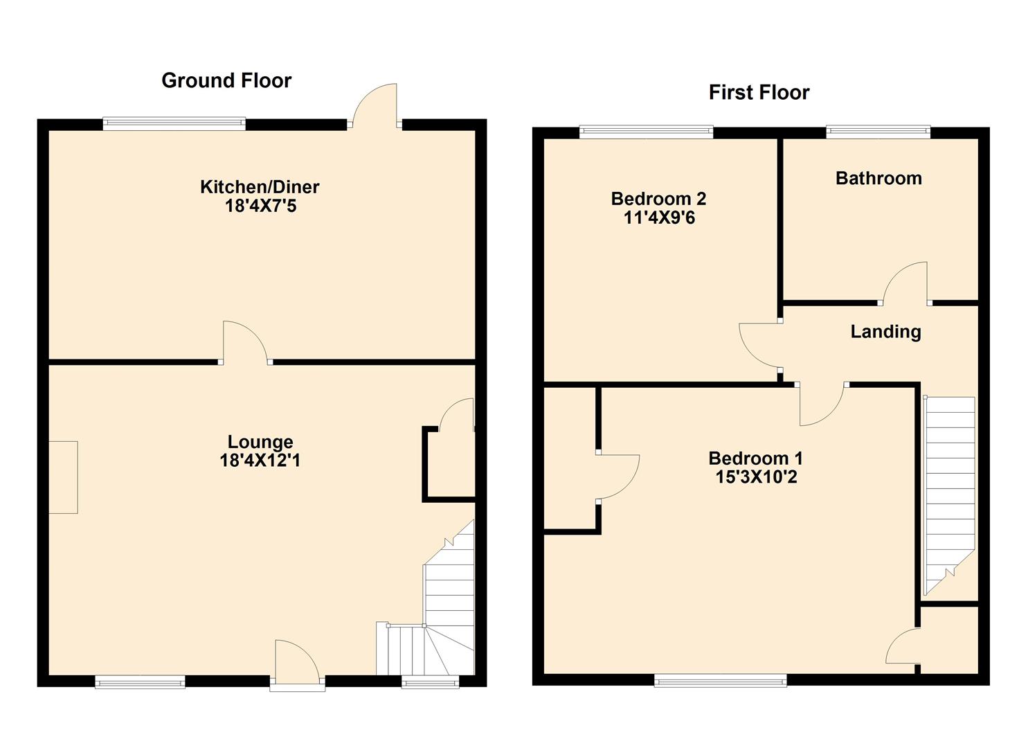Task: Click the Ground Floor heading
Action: [226, 81]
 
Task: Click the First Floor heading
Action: [759, 92]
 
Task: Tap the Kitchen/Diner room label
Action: [260, 187]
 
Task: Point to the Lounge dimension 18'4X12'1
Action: [260, 460]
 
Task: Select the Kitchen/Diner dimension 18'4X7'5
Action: [261, 206]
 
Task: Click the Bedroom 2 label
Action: [658, 199]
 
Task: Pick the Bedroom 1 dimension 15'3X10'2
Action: [757, 477]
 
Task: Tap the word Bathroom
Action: [878, 178]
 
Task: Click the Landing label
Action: [885, 332]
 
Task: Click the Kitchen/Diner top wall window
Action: [174, 123]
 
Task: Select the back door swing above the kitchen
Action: [375, 106]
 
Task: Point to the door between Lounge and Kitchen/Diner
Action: [245, 343]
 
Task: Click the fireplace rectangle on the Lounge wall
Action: [63, 477]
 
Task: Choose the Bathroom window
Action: [878, 132]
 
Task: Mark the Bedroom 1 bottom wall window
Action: [720, 680]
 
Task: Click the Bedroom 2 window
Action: [646, 132]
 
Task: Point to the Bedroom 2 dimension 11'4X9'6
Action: [659, 217]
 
